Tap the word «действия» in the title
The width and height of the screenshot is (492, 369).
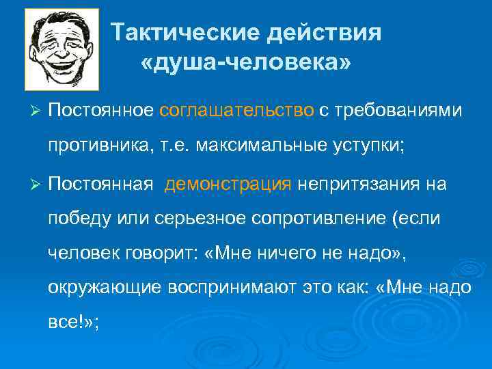325,33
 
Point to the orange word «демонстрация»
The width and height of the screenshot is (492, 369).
228,184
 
